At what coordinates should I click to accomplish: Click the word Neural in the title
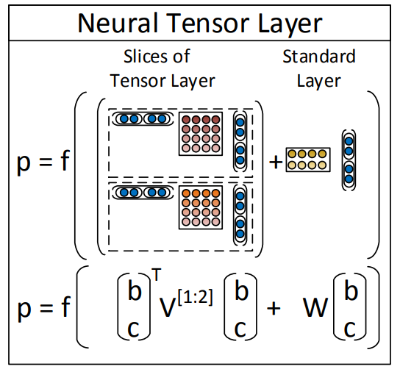coord(118,23)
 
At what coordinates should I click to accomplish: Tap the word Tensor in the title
coord(208,23)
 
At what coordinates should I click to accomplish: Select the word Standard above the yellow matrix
coord(319,56)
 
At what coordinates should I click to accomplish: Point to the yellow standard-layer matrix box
coord(308,160)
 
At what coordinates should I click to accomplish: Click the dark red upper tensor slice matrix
coord(201,134)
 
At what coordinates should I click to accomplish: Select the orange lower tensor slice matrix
coord(201,207)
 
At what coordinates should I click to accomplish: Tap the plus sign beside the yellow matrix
coord(276,162)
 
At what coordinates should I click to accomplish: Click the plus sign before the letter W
coord(274,308)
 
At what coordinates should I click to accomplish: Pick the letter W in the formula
coord(315,307)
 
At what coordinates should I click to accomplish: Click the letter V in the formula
coord(168,307)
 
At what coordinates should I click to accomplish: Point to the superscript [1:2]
coord(195,297)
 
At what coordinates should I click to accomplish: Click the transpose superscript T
coord(157,274)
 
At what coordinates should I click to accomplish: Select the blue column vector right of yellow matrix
coord(349,160)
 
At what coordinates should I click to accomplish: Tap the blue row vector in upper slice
coord(143,119)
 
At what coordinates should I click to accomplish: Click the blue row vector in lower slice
coord(143,193)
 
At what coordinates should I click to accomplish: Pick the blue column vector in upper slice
coord(240,141)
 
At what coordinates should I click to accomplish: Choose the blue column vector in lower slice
coord(240,215)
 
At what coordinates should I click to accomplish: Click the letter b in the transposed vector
coord(135,290)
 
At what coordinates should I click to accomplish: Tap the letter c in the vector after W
coord(350,329)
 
